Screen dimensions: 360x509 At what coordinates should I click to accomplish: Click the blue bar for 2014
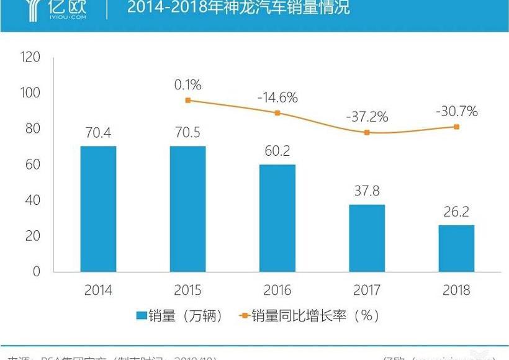tap(98, 209)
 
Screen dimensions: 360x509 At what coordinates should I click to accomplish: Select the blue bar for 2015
tap(187, 209)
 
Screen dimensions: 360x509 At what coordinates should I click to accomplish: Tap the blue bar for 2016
tap(277, 218)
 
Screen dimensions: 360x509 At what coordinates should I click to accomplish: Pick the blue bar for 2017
tap(367, 238)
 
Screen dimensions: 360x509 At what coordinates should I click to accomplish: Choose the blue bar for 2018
tap(456, 248)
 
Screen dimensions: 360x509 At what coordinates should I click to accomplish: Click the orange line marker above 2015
tap(188, 100)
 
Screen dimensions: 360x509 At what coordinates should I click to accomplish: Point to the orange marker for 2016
tap(277, 113)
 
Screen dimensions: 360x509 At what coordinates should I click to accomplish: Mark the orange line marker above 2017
tap(367, 132)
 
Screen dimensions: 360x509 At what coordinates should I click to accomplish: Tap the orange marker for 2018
tap(456, 127)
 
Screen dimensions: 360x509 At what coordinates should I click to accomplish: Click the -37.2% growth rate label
tap(367, 116)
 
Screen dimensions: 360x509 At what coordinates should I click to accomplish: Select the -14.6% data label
tap(277, 97)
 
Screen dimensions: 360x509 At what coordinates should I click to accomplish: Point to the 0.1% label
tap(188, 84)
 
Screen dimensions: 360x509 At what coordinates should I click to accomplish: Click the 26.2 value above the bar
tap(456, 212)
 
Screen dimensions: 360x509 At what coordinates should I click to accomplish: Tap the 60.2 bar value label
tap(277, 151)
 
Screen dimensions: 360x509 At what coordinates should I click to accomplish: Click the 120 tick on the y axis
tap(30, 57)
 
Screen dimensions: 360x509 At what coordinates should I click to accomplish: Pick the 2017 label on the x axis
tap(367, 290)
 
